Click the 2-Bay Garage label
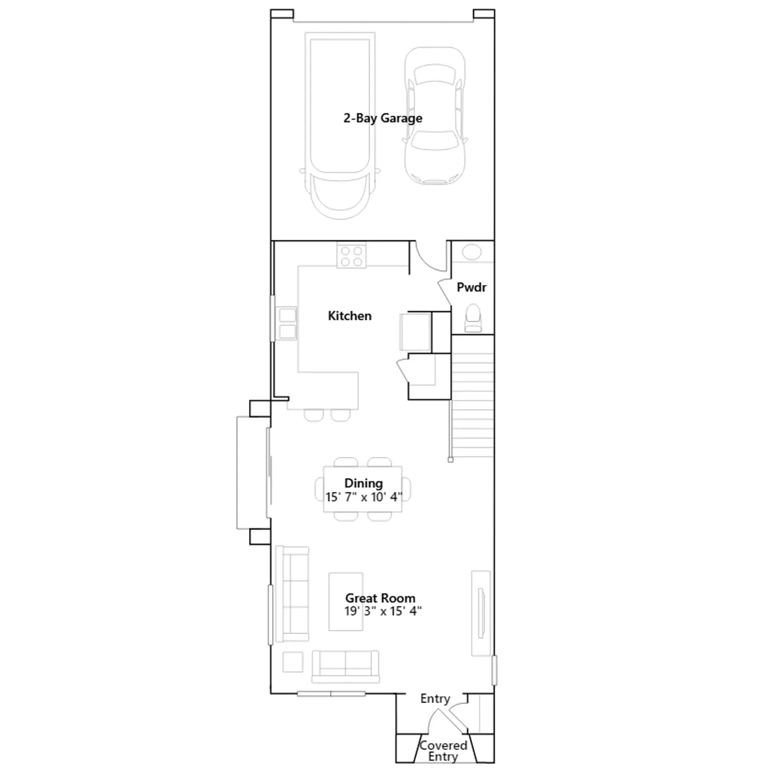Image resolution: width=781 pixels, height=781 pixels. [383, 118]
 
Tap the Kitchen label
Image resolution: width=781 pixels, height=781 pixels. [349, 316]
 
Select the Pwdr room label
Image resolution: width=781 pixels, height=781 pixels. [472, 287]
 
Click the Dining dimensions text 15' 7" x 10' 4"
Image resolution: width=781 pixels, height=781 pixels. [364, 497]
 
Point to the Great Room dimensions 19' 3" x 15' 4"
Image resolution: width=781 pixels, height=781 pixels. [383, 611]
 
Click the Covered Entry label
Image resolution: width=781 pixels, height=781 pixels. [443, 751]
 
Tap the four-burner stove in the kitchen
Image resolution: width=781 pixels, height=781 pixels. [351, 256]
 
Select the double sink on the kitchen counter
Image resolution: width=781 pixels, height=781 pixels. [287, 323]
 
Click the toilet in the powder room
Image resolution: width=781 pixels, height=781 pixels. [473, 318]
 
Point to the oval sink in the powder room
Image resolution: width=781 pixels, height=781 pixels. [472, 252]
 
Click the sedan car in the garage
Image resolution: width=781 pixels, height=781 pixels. [434, 116]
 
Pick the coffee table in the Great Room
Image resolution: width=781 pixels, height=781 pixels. [346, 602]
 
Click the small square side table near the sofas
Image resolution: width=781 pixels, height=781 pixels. [293, 662]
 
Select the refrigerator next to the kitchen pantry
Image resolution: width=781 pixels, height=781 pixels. [415, 332]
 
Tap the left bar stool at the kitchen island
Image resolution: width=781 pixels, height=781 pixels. [313, 415]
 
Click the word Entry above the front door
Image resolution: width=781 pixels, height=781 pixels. [435, 699]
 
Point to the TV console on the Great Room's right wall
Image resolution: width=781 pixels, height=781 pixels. [481, 614]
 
